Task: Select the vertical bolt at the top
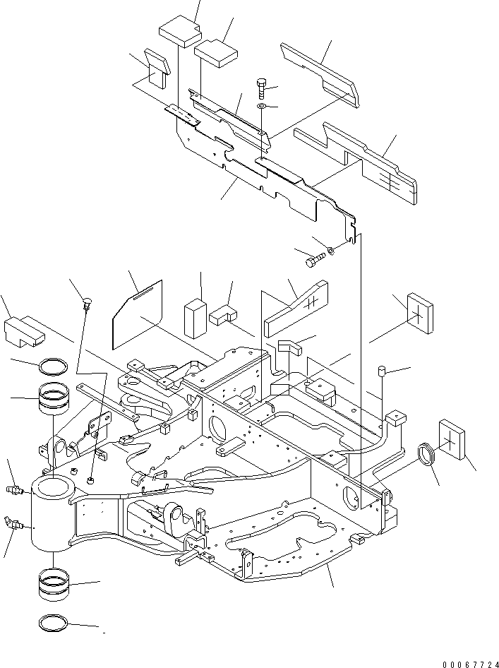pyautogui.click(x=262, y=88)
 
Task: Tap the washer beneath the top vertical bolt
pyautogui.click(x=262, y=107)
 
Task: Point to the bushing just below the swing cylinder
pyautogui.click(x=54, y=584)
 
